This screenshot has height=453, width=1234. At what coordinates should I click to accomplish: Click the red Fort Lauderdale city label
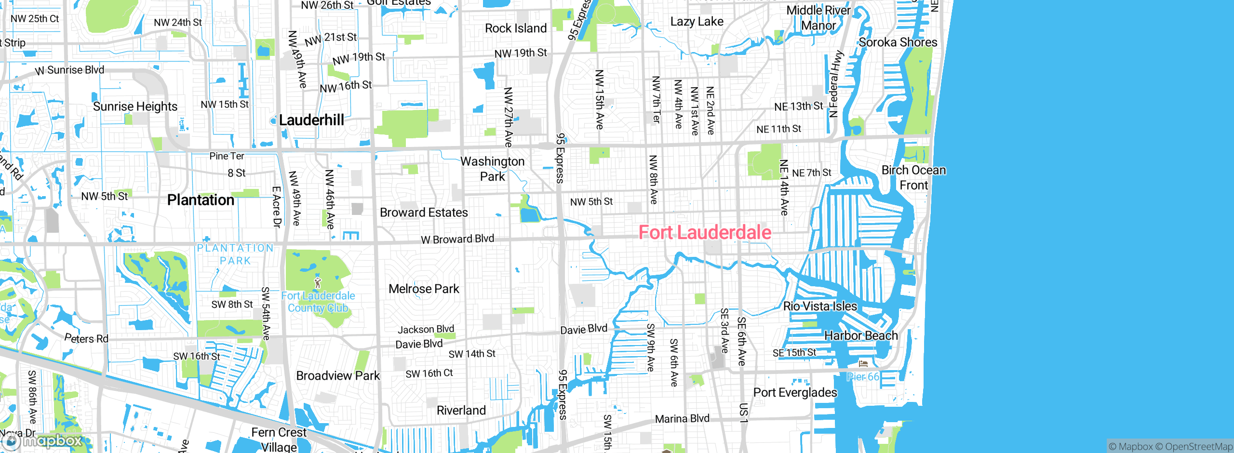click(x=705, y=232)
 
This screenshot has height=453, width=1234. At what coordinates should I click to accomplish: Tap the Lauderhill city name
click(x=311, y=120)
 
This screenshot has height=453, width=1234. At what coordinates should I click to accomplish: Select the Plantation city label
click(x=201, y=200)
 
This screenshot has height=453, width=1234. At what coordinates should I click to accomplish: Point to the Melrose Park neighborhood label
click(x=424, y=289)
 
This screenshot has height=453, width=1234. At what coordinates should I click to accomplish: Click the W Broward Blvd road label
click(x=457, y=239)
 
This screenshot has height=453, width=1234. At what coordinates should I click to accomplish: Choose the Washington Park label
click(x=492, y=169)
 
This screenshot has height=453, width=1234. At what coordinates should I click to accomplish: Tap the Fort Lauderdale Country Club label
click(x=318, y=302)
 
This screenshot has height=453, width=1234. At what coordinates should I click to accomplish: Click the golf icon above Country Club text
click(x=317, y=282)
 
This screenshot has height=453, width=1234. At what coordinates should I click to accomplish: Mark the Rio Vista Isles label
click(x=820, y=306)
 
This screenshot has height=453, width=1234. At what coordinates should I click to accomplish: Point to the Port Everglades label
click(x=795, y=392)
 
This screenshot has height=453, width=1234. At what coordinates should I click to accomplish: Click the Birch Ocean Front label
click(x=913, y=177)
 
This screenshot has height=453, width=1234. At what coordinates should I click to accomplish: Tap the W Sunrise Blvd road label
click(x=70, y=70)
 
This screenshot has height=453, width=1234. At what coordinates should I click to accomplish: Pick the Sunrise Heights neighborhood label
click(x=135, y=107)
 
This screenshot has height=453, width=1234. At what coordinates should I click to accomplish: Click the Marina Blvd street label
click(x=682, y=418)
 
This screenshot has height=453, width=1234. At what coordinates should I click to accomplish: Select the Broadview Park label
click(x=338, y=375)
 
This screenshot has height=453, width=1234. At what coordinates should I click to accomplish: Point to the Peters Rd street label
click(x=86, y=338)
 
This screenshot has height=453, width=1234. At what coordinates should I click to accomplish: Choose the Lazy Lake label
click(x=697, y=22)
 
